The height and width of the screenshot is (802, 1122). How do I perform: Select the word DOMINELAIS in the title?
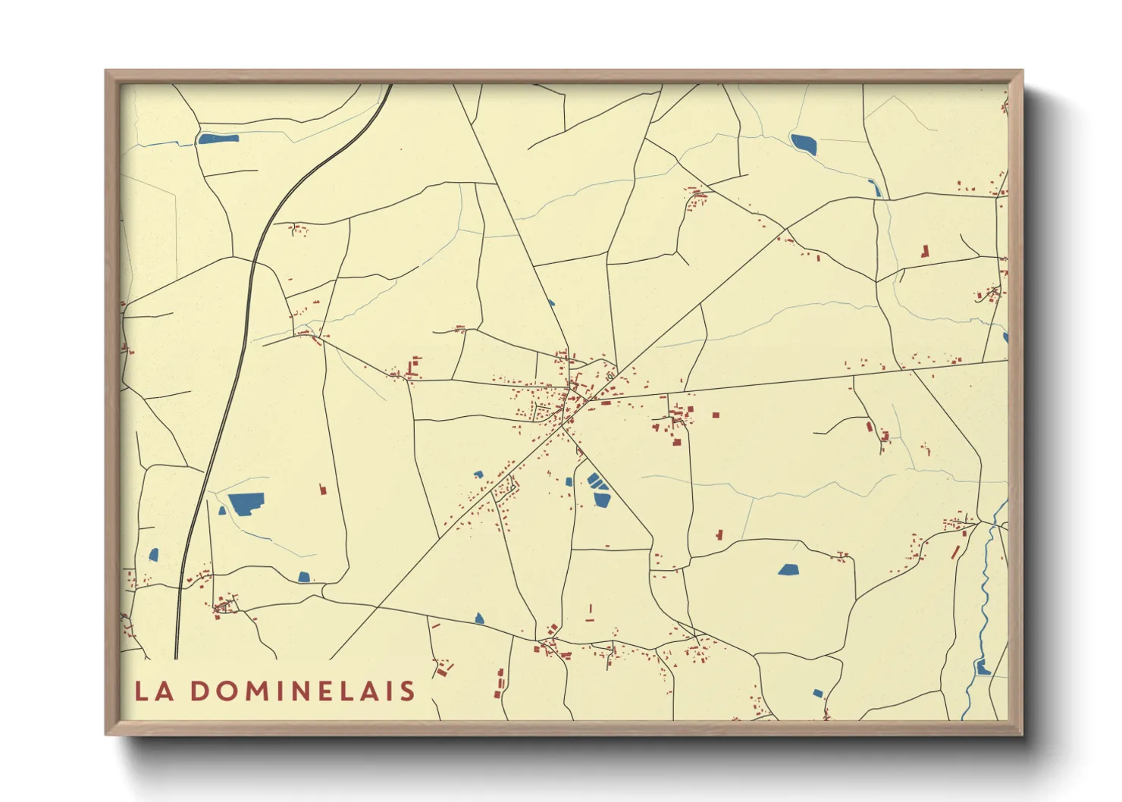pos(302,691)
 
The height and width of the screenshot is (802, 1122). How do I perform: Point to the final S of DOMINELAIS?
pos(408,691)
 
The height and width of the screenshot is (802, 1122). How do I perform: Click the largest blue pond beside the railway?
pos(246,503)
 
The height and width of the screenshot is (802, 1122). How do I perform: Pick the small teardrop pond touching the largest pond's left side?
pos(222,511)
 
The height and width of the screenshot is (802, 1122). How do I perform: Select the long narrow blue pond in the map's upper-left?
pos(218,139)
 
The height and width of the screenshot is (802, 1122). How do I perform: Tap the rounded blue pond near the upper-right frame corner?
pos(804,143)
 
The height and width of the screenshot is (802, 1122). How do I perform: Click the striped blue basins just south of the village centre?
pos(599,490)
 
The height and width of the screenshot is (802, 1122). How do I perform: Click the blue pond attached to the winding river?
pos(983,668)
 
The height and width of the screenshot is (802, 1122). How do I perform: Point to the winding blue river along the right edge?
pos(986,591)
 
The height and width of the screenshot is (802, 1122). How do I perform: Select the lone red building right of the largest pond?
pos(322,489)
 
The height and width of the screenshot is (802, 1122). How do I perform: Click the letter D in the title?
pos(199,691)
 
